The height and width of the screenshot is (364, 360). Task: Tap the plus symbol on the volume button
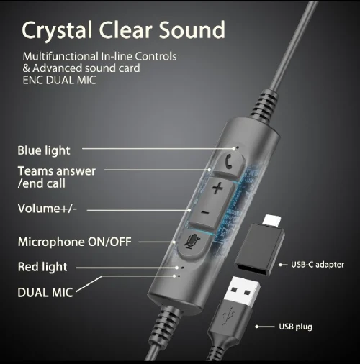click(217, 188)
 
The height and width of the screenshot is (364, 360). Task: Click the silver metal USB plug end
click(242, 292)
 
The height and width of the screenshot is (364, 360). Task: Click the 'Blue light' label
click(44, 151)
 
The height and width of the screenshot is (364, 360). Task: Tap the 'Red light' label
click(42, 267)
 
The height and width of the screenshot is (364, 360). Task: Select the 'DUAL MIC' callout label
click(45, 293)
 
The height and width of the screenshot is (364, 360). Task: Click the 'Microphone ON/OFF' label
click(75, 242)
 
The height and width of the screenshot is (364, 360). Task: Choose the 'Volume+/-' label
click(48, 209)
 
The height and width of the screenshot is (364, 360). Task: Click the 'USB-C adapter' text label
click(318, 265)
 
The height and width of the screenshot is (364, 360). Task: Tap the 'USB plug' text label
click(295, 327)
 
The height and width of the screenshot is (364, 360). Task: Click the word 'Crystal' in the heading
click(57, 30)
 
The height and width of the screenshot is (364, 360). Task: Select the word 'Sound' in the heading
click(192, 29)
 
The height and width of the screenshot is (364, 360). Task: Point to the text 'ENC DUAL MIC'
click(59, 80)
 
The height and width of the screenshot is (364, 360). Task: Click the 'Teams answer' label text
click(57, 171)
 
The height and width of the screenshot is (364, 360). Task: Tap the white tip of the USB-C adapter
click(272, 220)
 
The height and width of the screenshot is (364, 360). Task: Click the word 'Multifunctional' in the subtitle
click(60, 56)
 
